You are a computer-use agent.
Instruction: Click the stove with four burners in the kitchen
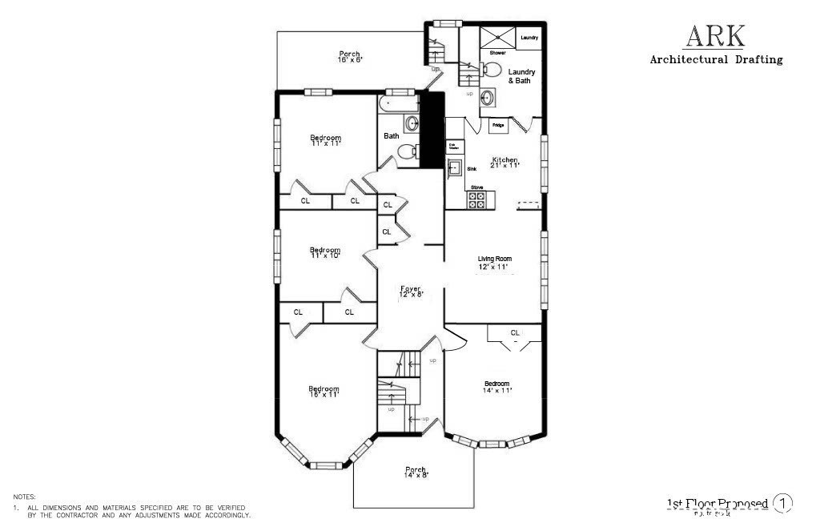pos(476,200)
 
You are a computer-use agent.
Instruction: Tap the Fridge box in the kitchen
pos(497,125)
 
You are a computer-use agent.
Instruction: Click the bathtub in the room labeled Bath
pos(397,104)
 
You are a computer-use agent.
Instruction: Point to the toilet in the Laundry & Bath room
pos(492,70)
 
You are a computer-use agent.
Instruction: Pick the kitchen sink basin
pos(454,168)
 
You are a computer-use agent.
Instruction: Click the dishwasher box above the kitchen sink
pos(454,147)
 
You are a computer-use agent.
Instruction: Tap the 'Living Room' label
pos(494,259)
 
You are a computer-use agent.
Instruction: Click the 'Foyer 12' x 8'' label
pos(410,292)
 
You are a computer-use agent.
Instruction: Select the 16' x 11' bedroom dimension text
pos(324,394)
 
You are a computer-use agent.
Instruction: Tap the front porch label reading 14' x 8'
pos(416,473)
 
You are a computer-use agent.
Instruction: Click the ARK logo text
pos(714,36)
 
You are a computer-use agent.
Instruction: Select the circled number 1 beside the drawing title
pos(782,503)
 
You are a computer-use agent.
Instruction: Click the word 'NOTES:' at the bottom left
pos(25,497)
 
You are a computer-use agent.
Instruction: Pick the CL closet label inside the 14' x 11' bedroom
pos(515,332)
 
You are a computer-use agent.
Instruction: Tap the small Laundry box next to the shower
pos(529,38)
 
